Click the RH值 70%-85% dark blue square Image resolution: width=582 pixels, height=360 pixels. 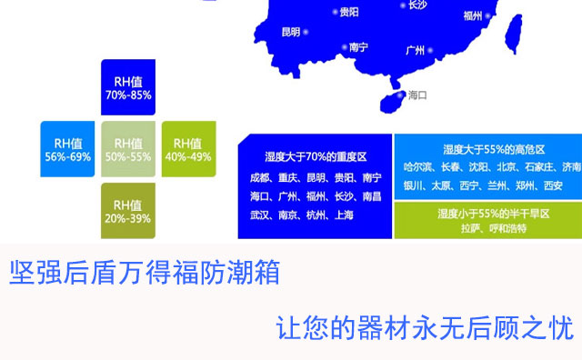click(x=128, y=87)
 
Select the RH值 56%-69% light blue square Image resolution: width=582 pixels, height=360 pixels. click(x=67, y=149)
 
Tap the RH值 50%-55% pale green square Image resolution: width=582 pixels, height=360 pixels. click(x=128, y=149)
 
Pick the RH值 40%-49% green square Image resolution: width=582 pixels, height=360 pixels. click(x=188, y=149)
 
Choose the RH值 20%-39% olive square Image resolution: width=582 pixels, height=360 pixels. click(x=128, y=211)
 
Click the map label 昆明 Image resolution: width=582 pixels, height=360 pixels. click(x=291, y=32)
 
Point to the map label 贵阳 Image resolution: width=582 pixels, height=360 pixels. click(x=349, y=12)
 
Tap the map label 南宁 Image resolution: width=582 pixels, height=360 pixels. click(x=358, y=47)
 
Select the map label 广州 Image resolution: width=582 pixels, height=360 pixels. click(x=416, y=50)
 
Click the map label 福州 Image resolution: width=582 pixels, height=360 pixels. click(x=473, y=15)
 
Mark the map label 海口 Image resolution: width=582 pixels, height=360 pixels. click(x=417, y=95)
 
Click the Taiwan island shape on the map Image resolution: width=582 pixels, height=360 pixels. click(x=514, y=34)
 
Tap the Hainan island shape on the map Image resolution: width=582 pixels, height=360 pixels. click(x=392, y=102)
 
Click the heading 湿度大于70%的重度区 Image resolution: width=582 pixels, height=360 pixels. click(x=316, y=157)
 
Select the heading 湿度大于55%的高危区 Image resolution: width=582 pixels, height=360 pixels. click(x=494, y=150)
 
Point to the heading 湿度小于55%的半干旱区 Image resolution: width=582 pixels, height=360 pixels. click(x=494, y=214)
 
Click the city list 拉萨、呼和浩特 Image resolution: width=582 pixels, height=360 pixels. click(x=494, y=228)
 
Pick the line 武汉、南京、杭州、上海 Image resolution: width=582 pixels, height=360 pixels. click(x=301, y=215)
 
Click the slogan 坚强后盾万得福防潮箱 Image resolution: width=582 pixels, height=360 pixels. click(x=145, y=273)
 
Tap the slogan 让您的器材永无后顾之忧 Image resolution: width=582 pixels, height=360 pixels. click(x=425, y=327)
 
